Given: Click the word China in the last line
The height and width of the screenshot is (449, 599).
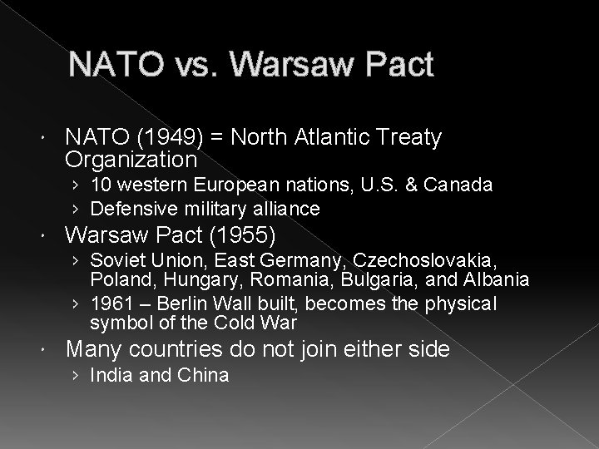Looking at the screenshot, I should click(203, 376).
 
